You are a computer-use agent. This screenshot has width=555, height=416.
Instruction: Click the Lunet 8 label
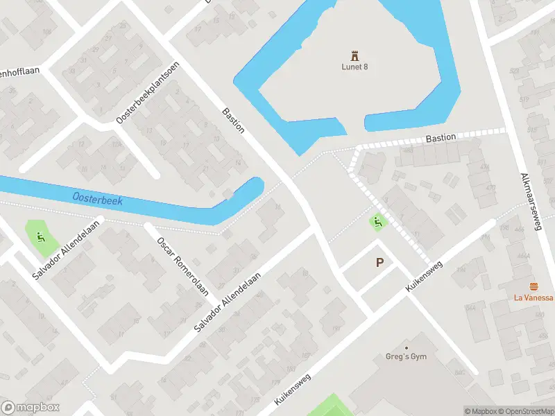pyautogui.click(x=355, y=67)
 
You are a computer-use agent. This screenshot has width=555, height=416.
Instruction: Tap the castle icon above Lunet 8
pyautogui.click(x=355, y=54)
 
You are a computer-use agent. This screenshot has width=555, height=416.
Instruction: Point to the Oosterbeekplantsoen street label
pyautogui.click(x=148, y=93)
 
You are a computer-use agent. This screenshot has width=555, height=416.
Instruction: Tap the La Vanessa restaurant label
pyautogui.click(x=533, y=298)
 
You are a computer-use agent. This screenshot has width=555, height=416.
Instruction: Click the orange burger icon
pyautogui.click(x=533, y=286)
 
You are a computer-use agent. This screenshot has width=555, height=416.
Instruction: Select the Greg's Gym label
pyautogui.click(x=406, y=357)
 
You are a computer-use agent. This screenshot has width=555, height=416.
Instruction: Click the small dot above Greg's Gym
pyautogui.click(x=407, y=347)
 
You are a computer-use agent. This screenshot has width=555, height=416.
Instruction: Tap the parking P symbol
pyautogui.click(x=379, y=263)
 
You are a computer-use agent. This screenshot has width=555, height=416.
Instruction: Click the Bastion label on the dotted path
pyautogui.click(x=441, y=138)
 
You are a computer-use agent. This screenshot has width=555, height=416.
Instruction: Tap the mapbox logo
pyautogui.click(x=31, y=408)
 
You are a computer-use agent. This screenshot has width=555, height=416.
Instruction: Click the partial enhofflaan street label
pyautogui.click(x=21, y=70)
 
